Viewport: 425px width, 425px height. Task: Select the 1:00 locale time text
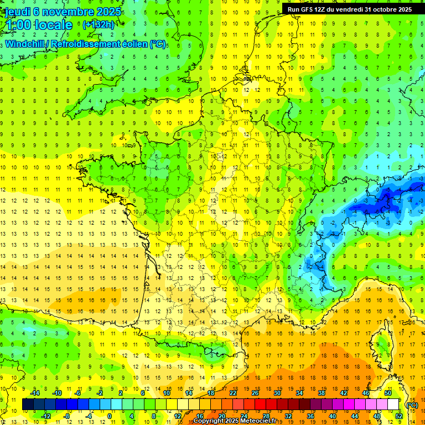39,25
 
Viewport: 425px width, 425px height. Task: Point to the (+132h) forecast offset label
98,25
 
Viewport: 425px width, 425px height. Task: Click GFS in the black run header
311,9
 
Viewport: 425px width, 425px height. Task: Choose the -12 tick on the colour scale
47,416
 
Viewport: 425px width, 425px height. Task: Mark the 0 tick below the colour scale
110,416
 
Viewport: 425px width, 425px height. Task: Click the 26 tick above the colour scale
255,393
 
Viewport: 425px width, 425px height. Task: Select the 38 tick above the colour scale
321,393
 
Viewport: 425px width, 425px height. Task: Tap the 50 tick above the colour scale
388,393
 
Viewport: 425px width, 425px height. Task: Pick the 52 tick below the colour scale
399,416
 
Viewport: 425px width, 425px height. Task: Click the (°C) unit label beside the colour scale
412,405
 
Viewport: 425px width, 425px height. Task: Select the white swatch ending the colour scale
393,405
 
